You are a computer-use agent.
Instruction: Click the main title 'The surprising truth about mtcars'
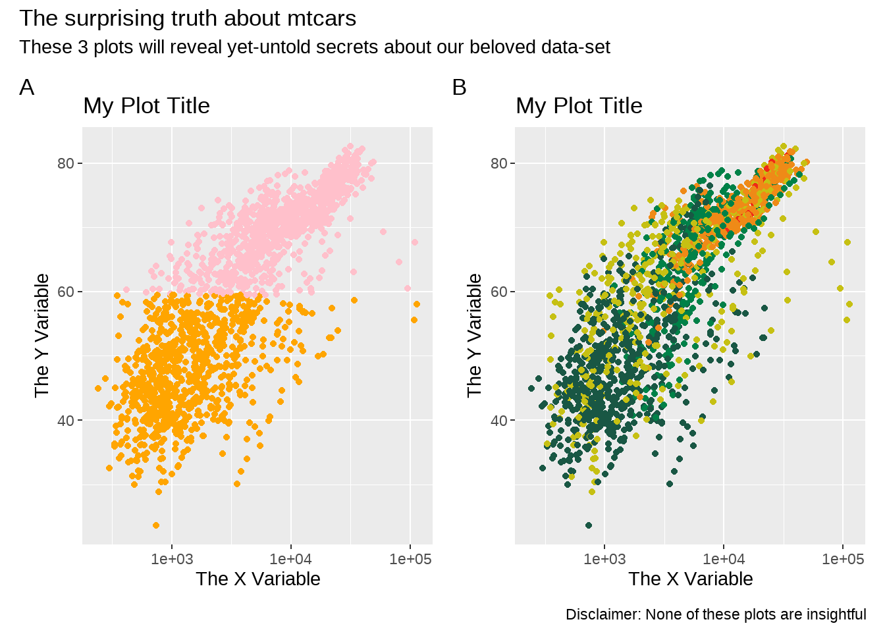(188, 18)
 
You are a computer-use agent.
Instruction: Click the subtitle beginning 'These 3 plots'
(315, 47)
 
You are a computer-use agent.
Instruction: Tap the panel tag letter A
(26, 88)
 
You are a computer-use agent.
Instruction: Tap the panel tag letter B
(459, 88)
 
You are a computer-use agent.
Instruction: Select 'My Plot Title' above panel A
(146, 106)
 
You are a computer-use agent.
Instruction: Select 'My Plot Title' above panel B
(579, 106)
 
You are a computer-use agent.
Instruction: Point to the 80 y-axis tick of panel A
(65, 163)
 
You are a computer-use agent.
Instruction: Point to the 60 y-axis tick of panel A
(65, 292)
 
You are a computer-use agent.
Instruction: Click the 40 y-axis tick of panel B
(498, 420)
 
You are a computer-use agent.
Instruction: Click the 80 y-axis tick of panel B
(498, 163)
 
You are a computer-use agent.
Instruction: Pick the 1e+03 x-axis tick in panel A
(172, 559)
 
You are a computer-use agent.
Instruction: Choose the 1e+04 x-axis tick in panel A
(291, 559)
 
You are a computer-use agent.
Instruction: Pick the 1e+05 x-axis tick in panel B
(842, 559)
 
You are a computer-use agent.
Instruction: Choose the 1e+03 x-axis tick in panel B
(604, 559)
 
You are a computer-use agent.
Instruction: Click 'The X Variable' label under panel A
(258, 579)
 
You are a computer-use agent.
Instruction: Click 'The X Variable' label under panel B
(691, 579)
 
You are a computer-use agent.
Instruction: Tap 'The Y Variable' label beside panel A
(42, 336)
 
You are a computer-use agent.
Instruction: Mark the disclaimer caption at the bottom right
(716, 615)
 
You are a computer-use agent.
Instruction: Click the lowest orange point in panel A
(156, 525)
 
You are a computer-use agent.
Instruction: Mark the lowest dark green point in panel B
(589, 525)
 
